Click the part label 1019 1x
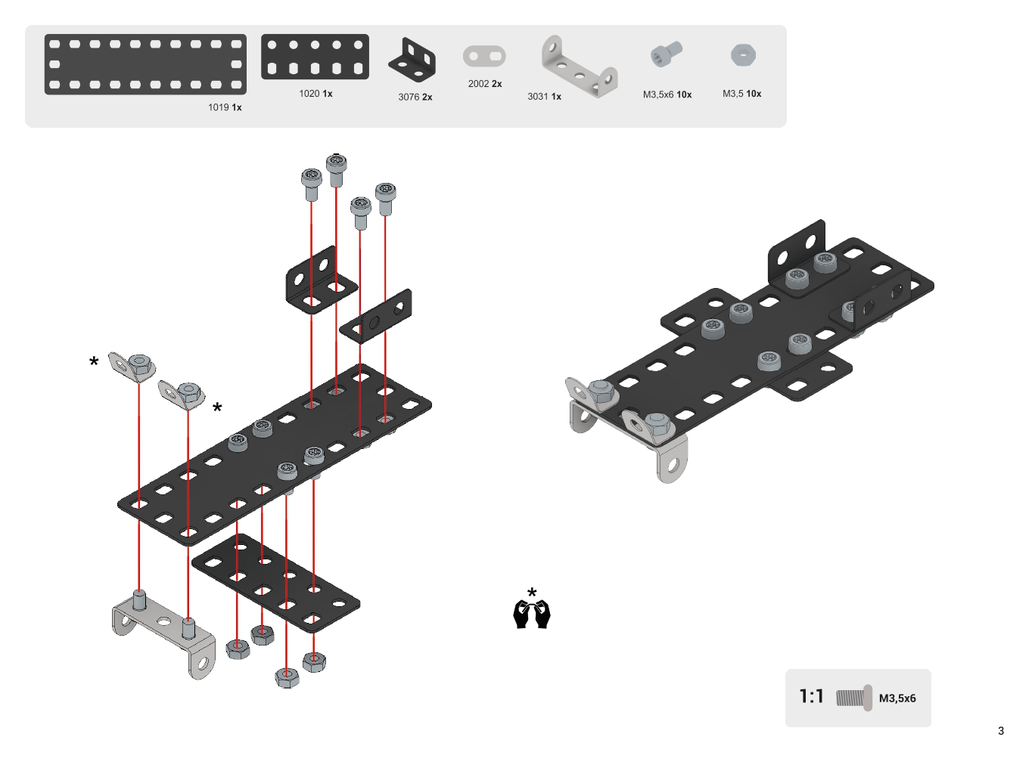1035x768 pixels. click(225, 107)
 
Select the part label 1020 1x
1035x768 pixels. click(315, 94)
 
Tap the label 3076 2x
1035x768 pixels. click(415, 97)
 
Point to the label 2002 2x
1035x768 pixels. click(484, 84)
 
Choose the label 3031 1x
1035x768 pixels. click(544, 97)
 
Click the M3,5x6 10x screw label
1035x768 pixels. click(667, 94)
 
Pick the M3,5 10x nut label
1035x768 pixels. click(741, 94)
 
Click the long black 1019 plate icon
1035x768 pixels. click(145, 64)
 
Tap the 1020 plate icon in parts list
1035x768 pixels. click(315, 57)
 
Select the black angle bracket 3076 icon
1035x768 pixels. click(412, 60)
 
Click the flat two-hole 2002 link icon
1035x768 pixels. click(484, 56)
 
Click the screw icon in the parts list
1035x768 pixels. click(666, 54)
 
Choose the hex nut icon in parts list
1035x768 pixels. click(743, 55)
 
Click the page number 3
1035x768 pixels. click(1001, 731)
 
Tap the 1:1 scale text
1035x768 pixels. click(811, 696)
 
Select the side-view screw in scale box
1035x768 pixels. click(854, 698)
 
